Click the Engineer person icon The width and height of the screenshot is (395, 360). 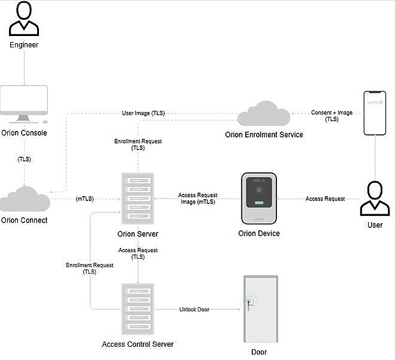(24, 19)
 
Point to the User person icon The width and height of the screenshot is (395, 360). (375, 199)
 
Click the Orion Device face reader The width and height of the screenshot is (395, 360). (259, 199)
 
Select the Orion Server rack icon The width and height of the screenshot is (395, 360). (138, 199)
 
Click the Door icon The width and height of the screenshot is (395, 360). (261, 309)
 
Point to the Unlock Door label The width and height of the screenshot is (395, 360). (194, 310)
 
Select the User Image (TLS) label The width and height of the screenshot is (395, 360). (143, 113)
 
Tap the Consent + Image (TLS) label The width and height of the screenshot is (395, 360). (331, 116)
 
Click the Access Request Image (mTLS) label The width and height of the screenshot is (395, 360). (197, 199)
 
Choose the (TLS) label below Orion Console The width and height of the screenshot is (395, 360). (24, 160)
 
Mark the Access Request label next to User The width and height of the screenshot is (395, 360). (325, 199)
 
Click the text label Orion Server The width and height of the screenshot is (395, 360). (138, 234)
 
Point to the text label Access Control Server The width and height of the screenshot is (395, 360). (138, 344)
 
